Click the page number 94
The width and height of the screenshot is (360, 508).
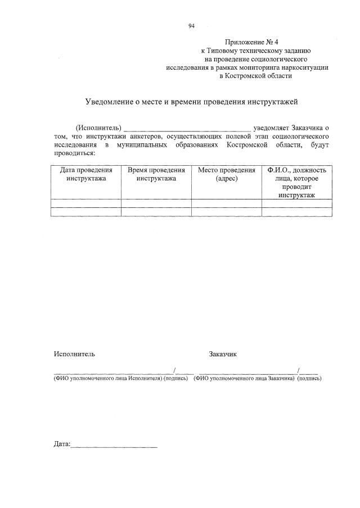point(191,26)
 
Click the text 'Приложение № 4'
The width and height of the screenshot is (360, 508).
point(247,42)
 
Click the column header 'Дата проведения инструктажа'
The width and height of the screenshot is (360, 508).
point(86,174)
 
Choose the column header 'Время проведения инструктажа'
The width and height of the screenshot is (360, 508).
point(156,174)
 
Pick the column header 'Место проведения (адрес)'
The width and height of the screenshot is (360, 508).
point(227,174)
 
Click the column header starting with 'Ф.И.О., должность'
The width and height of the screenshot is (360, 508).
point(296,182)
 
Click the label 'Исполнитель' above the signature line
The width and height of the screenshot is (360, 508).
point(74,354)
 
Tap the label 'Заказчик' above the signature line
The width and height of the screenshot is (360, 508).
point(223,354)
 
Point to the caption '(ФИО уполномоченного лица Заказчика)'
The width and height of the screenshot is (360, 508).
point(244,378)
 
